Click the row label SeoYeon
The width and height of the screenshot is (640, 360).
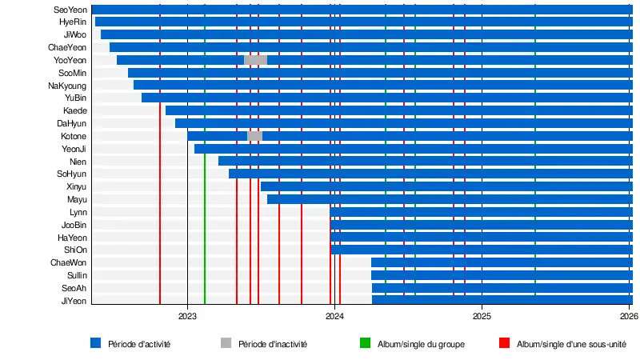click(x=70, y=10)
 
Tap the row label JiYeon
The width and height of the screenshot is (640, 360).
click(x=74, y=301)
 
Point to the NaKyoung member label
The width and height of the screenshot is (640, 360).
click(x=68, y=86)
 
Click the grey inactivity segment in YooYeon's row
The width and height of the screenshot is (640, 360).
click(x=255, y=60)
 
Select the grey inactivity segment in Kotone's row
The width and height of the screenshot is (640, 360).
click(x=254, y=136)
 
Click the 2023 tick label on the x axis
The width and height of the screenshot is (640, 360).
click(x=187, y=316)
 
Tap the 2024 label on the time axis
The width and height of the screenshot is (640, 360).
click(x=334, y=316)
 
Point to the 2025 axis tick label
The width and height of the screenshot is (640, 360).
click(x=482, y=316)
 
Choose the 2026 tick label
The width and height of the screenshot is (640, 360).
click(x=629, y=316)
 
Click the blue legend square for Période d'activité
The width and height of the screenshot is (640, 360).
click(x=96, y=343)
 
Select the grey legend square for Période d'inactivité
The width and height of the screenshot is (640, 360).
click(x=226, y=343)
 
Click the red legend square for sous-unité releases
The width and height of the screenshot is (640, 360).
click(x=504, y=343)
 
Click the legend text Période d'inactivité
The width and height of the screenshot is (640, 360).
click(x=273, y=344)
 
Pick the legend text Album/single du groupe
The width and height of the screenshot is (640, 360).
click(x=421, y=344)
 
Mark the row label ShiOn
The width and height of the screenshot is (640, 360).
click(x=77, y=250)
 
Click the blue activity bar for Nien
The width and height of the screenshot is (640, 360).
click(x=425, y=161)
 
